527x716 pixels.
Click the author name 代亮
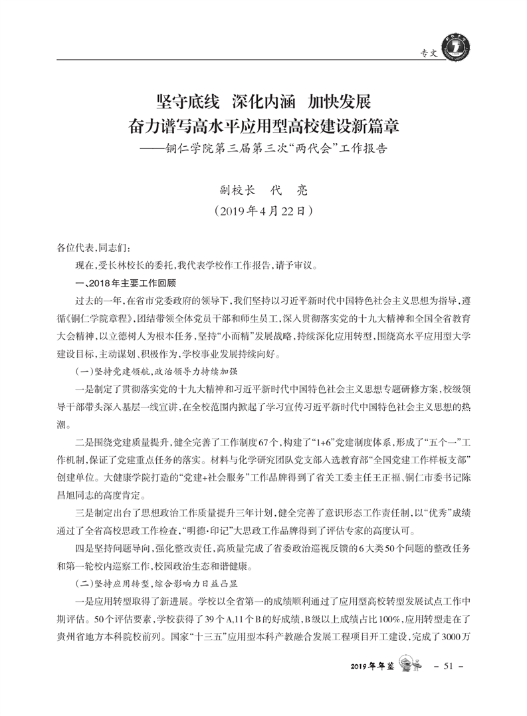coord(287,189)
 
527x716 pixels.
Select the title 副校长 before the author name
coord(237,189)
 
